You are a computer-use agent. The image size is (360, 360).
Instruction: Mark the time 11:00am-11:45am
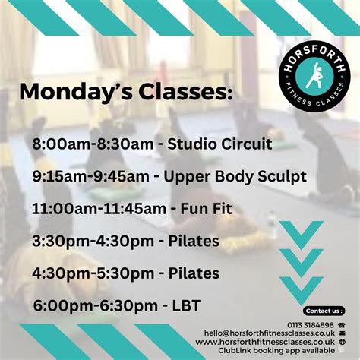97,209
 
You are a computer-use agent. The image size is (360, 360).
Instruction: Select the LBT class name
184,306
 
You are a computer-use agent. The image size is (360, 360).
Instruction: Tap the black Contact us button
324,311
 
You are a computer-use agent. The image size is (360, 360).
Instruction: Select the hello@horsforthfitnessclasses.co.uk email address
270,333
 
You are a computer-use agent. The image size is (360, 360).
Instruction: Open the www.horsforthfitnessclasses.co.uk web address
266,342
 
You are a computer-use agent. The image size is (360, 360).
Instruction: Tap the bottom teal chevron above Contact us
301,288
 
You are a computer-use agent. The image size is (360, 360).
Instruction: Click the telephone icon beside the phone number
342,325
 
